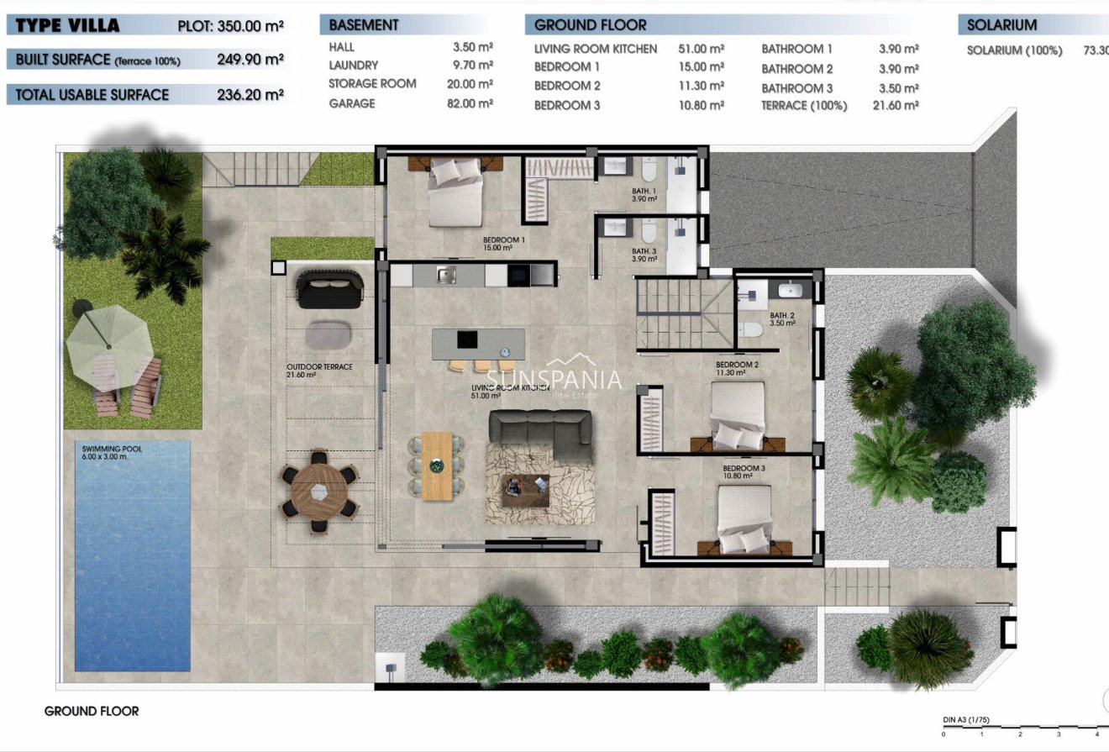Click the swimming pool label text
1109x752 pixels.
pos(107,453)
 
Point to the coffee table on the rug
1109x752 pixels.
pos(525,490)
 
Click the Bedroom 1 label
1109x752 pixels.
pos(503,244)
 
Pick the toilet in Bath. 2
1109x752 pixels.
pos(749,332)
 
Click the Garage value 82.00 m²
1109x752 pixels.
pos(472,103)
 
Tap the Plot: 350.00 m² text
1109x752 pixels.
pos(230,25)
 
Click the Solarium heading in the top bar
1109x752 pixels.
pos(1001,25)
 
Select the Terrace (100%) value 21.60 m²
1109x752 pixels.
pos(898,106)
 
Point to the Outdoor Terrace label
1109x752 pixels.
pos(319,371)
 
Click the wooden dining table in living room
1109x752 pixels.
pos(437,465)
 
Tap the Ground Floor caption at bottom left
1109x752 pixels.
pos(92,711)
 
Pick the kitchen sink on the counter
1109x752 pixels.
pos(446,273)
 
